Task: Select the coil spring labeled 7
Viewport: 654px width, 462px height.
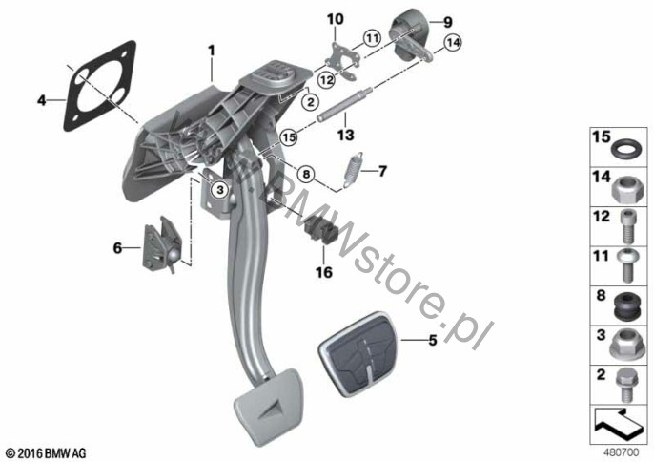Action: click(x=354, y=170)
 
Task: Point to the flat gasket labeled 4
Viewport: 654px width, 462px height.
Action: click(x=100, y=86)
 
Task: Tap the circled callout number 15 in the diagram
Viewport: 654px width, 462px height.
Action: click(x=290, y=137)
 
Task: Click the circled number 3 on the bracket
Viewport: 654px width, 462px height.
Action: click(x=220, y=190)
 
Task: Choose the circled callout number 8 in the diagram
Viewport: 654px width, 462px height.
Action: click(x=307, y=174)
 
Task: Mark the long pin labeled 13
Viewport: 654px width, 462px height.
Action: click(x=345, y=105)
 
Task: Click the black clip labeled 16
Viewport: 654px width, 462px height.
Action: click(x=321, y=231)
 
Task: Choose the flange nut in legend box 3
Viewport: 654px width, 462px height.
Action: click(x=625, y=345)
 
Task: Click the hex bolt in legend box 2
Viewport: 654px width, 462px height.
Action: click(x=625, y=386)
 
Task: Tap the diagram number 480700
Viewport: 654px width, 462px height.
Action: click(x=621, y=452)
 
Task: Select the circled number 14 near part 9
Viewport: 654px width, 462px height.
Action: click(x=453, y=42)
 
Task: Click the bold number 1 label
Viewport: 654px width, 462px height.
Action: click(x=212, y=51)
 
